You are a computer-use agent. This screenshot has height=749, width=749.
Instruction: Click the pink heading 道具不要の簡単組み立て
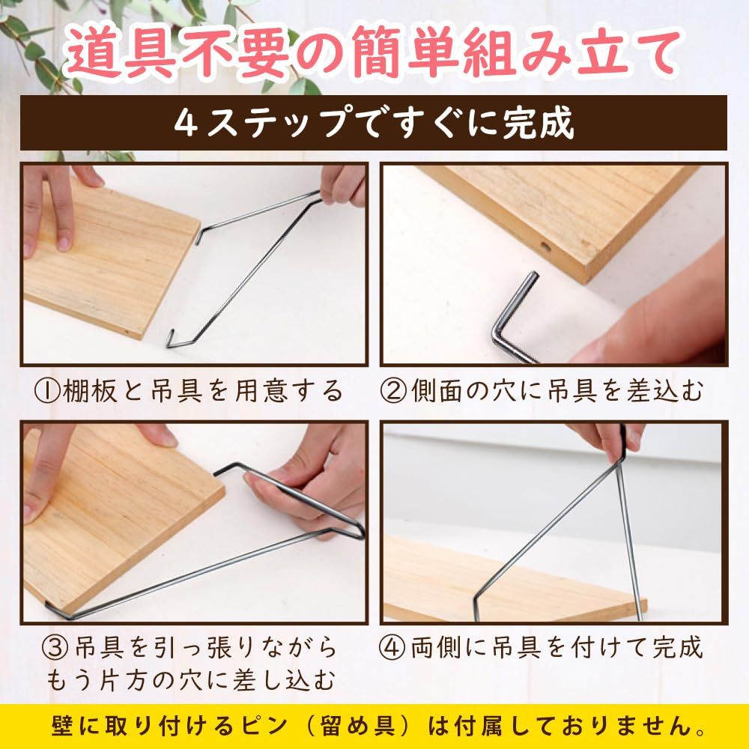click(x=372, y=53)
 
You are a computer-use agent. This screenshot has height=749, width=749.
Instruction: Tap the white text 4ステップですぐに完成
click(x=374, y=123)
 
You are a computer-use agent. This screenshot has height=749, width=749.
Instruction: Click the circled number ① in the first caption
click(x=47, y=391)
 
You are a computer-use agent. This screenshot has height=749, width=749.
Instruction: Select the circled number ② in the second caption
click(x=393, y=391)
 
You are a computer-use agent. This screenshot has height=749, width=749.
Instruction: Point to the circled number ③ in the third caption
click(x=56, y=648)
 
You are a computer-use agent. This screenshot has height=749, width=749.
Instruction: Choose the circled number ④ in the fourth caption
click(x=392, y=648)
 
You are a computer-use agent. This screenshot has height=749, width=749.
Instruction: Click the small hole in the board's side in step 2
click(x=544, y=247)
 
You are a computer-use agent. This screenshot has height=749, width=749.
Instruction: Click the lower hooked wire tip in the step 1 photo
click(x=170, y=339)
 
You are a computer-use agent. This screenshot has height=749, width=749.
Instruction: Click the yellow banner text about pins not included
click(x=378, y=727)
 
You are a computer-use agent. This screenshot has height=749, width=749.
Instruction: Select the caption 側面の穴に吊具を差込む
click(x=557, y=391)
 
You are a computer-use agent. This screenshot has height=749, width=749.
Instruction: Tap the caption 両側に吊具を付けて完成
click(x=557, y=648)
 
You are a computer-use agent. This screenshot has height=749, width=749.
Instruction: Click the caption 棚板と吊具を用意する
click(x=203, y=391)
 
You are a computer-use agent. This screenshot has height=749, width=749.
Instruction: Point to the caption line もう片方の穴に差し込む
click(x=190, y=681)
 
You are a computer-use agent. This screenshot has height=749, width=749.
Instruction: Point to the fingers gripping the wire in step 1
click(x=342, y=185)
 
